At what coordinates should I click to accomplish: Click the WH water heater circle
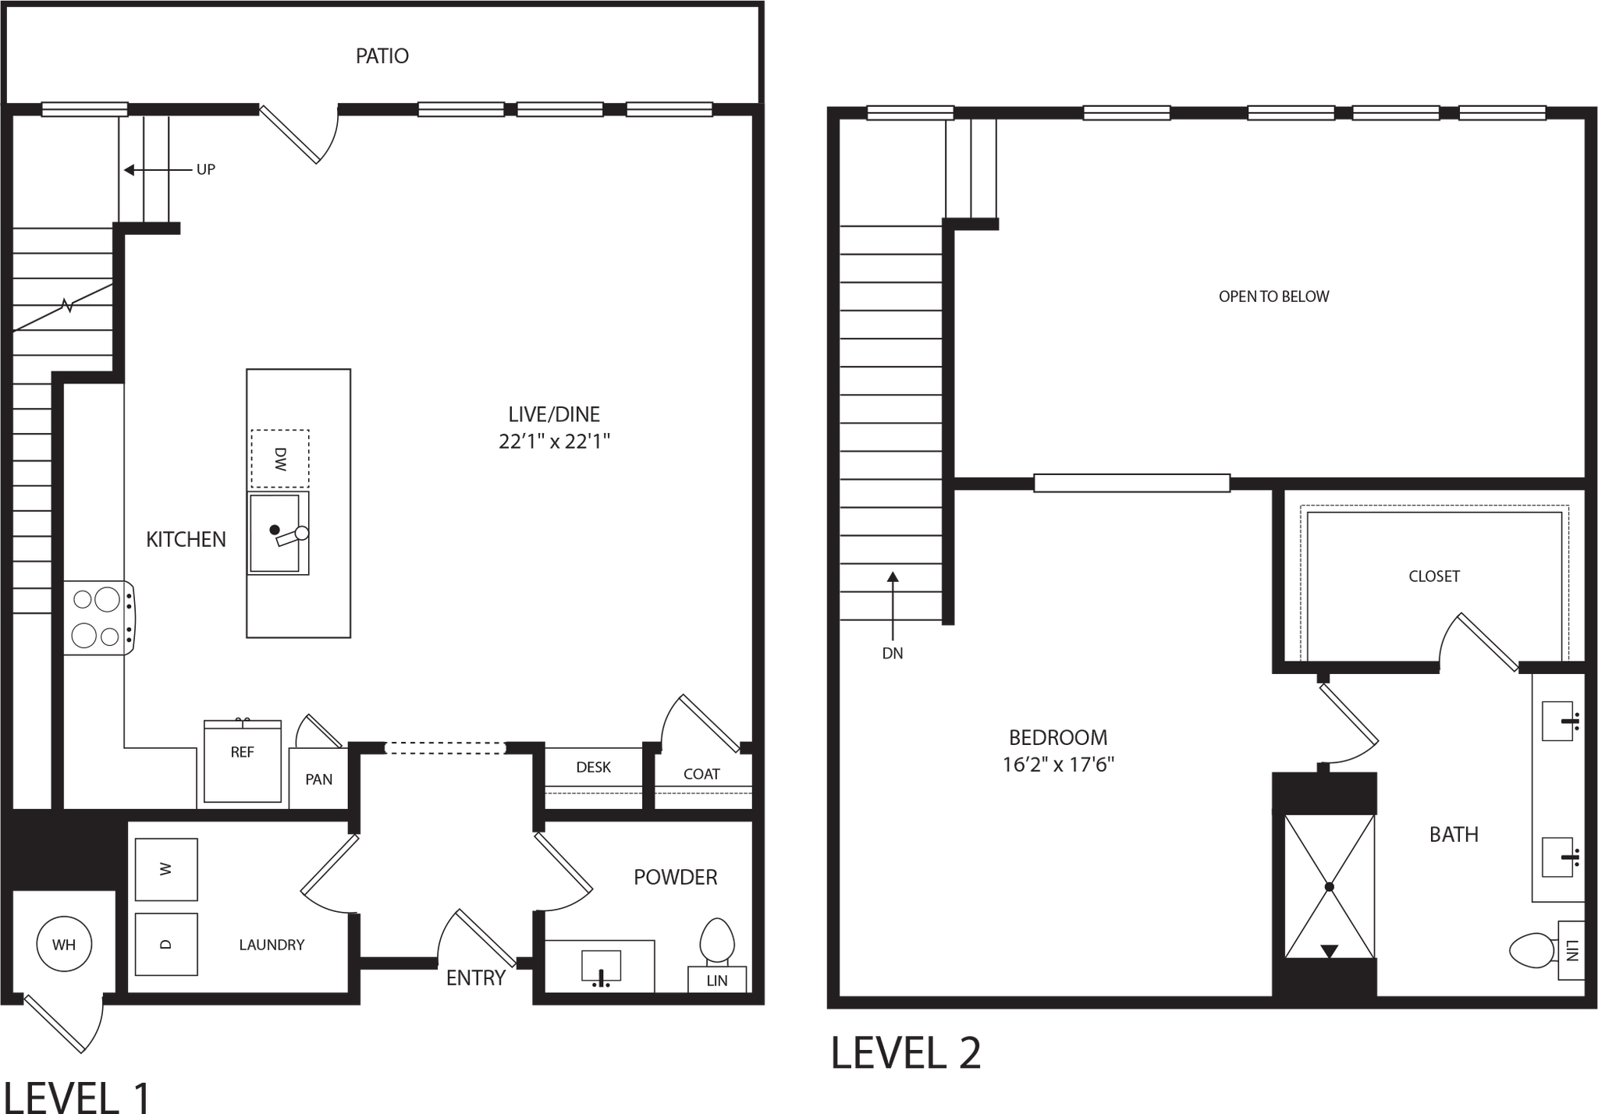pos(64,945)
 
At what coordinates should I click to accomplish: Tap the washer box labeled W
pos(166,869)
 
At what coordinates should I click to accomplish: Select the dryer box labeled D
pos(166,944)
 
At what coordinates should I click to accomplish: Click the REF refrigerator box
pos(242,761)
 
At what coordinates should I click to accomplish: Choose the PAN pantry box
pos(318,779)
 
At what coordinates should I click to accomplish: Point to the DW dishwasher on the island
pos(279,459)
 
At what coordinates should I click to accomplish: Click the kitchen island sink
pos(276,533)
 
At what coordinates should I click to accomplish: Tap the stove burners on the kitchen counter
pos(98,619)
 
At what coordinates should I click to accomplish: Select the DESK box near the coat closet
pos(593,768)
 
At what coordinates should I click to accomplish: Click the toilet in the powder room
pos(716,940)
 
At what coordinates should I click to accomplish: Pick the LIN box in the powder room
pos(716,981)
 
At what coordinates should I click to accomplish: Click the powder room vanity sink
pos(601,967)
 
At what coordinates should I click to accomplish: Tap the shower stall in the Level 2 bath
pos(1329,886)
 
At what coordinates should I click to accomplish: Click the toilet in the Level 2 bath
pos(1531,951)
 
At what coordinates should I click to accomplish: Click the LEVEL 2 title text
pos(906,1054)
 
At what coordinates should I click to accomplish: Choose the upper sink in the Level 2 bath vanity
pos(1558,721)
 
